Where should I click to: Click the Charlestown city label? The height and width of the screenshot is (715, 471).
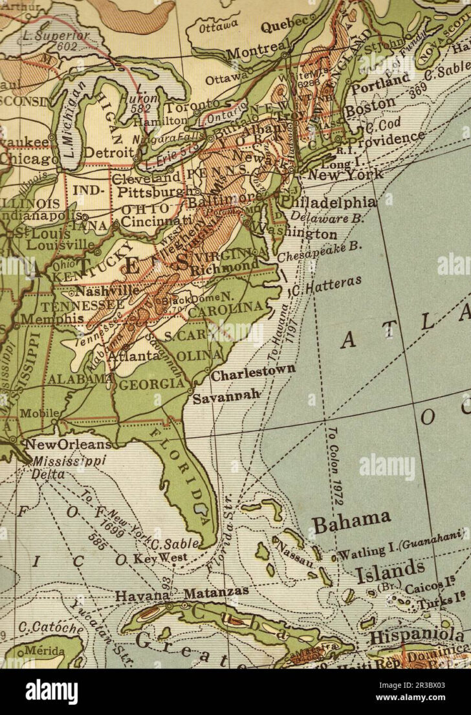[253, 371]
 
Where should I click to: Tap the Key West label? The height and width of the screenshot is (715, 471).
[160, 558]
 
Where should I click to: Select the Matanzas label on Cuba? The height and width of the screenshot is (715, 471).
[216, 592]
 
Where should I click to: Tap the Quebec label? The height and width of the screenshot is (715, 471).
[285, 25]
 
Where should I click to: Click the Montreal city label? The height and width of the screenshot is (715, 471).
[258, 50]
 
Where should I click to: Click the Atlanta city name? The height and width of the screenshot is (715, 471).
[134, 355]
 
